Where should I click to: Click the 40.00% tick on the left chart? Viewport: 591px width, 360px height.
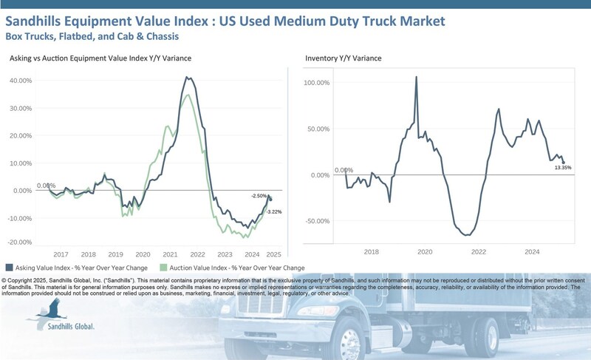[20, 79]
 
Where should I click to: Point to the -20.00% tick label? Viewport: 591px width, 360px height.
[19, 242]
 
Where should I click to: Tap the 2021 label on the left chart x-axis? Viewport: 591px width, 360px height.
[171, 254]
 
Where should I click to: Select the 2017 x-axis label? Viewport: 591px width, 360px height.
[60, 254]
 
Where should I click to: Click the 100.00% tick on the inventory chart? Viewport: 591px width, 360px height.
[318, 83]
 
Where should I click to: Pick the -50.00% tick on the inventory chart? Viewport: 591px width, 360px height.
[318, 221]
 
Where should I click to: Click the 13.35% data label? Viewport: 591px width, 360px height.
[563, 168]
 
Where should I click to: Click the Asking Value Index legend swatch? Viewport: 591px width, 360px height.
[9, 268]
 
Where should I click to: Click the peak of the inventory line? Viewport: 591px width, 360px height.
[417, 77]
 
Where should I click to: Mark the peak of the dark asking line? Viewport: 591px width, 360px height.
[187, 77]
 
